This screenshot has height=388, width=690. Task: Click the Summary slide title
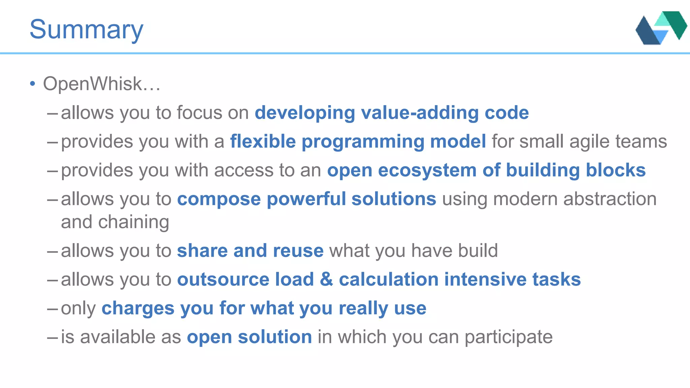point(86,30)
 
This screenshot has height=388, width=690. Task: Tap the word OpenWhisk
point(92,84)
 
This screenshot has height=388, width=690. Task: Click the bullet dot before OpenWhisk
point(32,84)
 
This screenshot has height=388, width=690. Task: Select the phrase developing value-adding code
point(391,112)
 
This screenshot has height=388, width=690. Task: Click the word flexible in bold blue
point(263,141)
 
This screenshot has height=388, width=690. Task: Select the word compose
point(219,199)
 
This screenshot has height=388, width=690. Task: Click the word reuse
point(298,251)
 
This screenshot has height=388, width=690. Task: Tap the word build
point(478,251)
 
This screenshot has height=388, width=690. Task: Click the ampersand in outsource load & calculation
point(326,280)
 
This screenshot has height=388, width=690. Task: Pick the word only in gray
point(78,309)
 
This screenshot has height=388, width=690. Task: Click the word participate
point(508,337)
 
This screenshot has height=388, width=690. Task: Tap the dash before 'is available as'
point(53,337)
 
